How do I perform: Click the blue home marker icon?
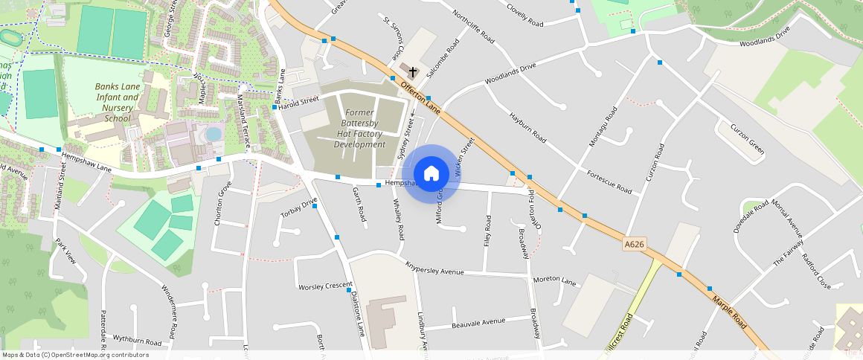[431, 174]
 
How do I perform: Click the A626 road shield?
[634, 244]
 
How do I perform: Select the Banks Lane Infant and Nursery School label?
[118, 102]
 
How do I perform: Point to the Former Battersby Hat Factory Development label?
[359, 129]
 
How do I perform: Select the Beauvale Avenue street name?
[478, 323]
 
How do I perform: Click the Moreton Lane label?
[554, 281]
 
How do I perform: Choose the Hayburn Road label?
[527, 128]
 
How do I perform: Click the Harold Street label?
[299, 101]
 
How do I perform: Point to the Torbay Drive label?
[298, 208]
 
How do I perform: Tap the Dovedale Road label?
[750, 217]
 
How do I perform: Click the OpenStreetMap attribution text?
[76, 355]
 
